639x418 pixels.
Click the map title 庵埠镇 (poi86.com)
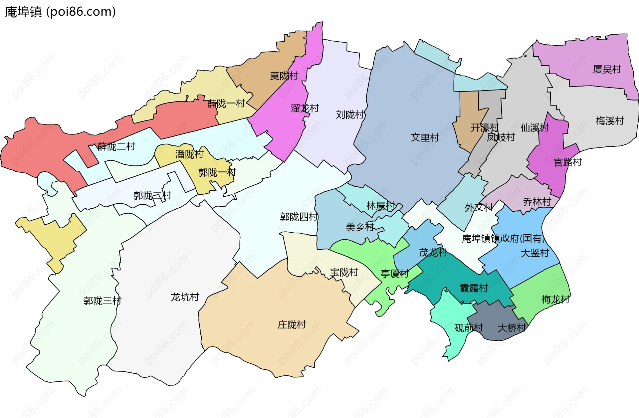[x=60, y=12]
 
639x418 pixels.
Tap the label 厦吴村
[x=607, y=69]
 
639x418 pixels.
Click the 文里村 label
[x=425, y=137]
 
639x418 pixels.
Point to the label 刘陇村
[x=350, y=114]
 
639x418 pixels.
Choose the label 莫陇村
[x=284, y=76]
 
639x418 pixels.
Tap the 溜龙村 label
[x=305, y=108]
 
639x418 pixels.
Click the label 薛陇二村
[x=116, y=146]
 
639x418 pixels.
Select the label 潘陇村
[x=189, y=154]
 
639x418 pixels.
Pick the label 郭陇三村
[x=102, y=301]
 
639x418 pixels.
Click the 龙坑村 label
[x=185, y=297]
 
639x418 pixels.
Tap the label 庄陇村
[x=292, y=324]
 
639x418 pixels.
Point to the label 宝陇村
[x=344, y=272]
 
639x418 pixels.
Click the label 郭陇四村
[x=299, y=217]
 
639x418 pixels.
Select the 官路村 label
[x=567, y=162]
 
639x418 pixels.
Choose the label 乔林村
[x=537, y=202]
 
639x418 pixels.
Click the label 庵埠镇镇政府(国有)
[x=503, y=238]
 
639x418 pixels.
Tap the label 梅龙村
[x=555, y=299]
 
